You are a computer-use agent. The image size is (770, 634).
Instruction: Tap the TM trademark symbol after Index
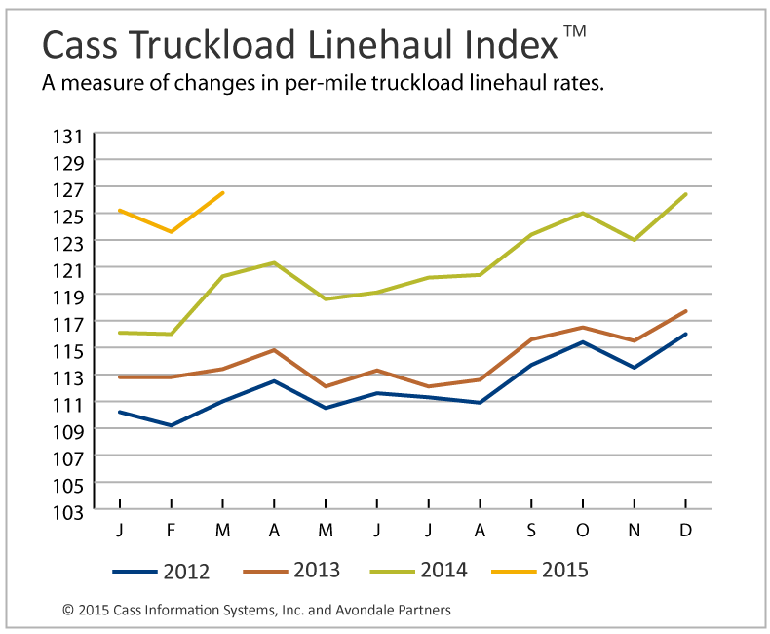click(x=574, y=32)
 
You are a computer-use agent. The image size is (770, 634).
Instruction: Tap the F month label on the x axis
click(x=172, y=529)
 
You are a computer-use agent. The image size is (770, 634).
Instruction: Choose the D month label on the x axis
click(x=685, y=529)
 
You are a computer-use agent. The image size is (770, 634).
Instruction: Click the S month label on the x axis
click(x=531, y=529)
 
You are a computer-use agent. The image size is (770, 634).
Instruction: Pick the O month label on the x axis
click(x=583, y=529)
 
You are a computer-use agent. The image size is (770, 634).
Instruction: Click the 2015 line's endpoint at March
click(x=223, y=192)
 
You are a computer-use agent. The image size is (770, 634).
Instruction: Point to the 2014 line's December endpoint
click(x=686, y=194)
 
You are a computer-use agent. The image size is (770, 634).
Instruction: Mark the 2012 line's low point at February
click(x=172, y=425)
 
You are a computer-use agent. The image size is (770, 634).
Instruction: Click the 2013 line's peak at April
click(x=275, y=349)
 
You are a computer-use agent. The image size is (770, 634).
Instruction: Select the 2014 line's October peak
click(x=583, y=213)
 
